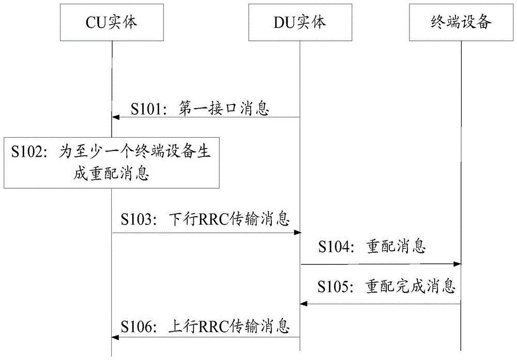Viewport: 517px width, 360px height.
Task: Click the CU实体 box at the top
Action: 111,23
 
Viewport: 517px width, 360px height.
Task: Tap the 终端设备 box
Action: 461,23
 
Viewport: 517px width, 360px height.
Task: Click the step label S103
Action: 139,219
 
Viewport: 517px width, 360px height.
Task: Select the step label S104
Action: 335,247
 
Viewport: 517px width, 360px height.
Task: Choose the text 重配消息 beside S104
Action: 395,247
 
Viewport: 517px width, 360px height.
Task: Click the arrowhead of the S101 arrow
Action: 116,117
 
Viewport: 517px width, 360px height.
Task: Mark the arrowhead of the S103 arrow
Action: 297,233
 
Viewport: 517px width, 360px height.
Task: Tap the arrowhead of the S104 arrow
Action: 457,264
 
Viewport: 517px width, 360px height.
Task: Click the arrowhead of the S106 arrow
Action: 116,338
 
